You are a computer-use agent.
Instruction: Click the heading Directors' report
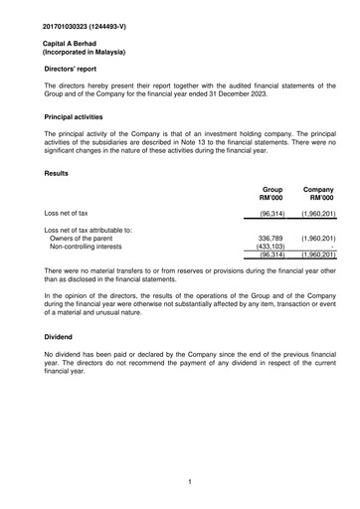coord(79,75)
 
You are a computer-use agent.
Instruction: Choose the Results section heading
coord(59,174)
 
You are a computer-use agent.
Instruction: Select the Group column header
coord(271,189)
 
